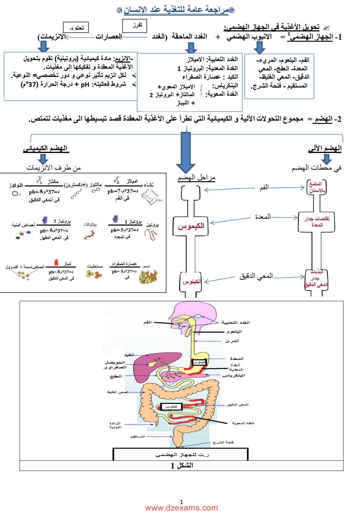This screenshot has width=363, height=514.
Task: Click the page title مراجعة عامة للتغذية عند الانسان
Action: pos(176,10)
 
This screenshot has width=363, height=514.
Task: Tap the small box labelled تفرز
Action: pos(134,26)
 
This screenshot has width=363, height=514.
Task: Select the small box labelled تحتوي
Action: pos(76,27)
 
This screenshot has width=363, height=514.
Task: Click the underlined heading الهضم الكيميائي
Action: pos(45,149)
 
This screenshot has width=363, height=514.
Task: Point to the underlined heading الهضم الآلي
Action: pos(325,148)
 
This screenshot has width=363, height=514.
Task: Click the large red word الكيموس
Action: pos(191,226)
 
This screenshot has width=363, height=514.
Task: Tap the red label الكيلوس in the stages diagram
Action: pos(191,282)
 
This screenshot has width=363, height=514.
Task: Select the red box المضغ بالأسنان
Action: pos(316,187)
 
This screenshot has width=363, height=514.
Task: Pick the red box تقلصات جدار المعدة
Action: pos(317,222)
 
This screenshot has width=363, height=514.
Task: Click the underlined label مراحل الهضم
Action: pos(196,178)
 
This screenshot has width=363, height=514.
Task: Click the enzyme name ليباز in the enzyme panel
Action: pos(68,263)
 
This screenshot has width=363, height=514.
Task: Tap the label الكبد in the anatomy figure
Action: pos(129,355)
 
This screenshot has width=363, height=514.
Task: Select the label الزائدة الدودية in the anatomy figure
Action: pos(115,425)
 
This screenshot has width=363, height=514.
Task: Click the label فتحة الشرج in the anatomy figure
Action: pos(223,442)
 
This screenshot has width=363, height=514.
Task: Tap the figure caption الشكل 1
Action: pos(181,466)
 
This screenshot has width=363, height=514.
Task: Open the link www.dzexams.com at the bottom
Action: pos(181,508)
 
